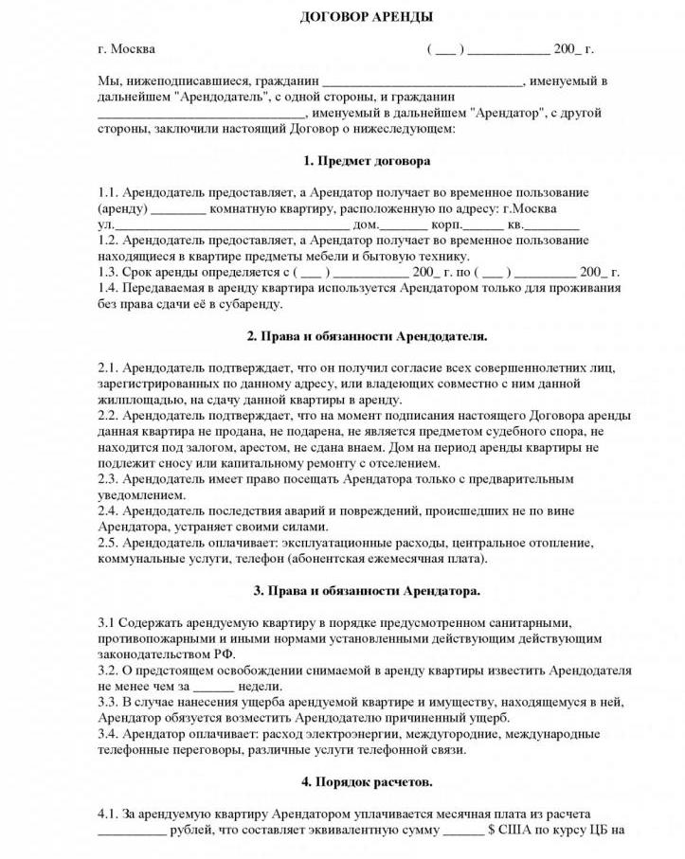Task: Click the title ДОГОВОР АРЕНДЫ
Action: pos(341,18)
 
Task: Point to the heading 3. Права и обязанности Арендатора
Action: pos(367,591)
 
